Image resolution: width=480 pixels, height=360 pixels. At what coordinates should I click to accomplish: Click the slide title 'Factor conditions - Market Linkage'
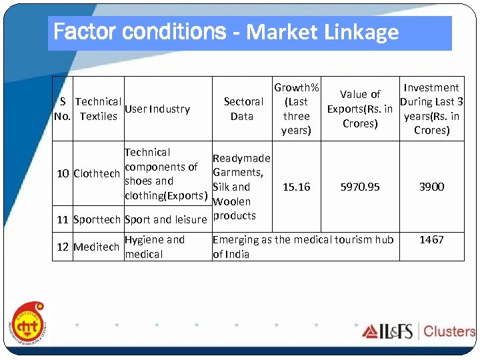click(x=226, y=32)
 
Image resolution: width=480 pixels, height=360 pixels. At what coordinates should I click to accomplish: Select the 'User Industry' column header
click(x=157, y=109)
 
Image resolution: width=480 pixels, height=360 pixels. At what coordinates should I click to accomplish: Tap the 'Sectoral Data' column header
click(x=243, y=109)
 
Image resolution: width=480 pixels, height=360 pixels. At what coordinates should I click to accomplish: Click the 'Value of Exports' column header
click(x=359, y=109)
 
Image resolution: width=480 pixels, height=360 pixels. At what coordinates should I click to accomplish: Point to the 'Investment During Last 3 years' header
click(x=431, y=109)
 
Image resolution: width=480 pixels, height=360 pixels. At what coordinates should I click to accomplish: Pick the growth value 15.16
click(x=296, y=187)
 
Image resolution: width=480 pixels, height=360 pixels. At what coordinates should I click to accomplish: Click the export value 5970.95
click(x=359, y=187)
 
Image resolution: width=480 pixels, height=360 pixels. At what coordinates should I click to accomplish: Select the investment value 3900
click(x=431, y=187)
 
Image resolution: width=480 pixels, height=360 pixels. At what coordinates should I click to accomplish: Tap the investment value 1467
click(x=431, y=239)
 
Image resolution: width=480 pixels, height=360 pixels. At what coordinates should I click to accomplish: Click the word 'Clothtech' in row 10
click(x=97, y=174)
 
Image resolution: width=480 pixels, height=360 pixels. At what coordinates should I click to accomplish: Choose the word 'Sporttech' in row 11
click(x=97, y=219)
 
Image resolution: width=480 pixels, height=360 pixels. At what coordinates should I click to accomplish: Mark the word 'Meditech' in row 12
click(x=97, y=247)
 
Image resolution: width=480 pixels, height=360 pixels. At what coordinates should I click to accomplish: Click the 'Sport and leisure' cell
click(x=166, y=219)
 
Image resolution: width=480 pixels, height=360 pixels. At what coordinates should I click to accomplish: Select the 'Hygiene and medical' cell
click(x=155, y=247)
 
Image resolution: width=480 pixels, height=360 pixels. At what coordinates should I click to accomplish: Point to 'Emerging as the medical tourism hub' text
click(x=303, y=239)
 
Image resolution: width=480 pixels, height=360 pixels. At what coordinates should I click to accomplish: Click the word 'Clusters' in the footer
click(x=449, y=331)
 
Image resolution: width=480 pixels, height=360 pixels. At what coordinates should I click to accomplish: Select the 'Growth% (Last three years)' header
click(x=296, y=109)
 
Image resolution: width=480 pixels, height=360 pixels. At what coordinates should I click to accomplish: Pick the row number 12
click(x=63, y=247)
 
